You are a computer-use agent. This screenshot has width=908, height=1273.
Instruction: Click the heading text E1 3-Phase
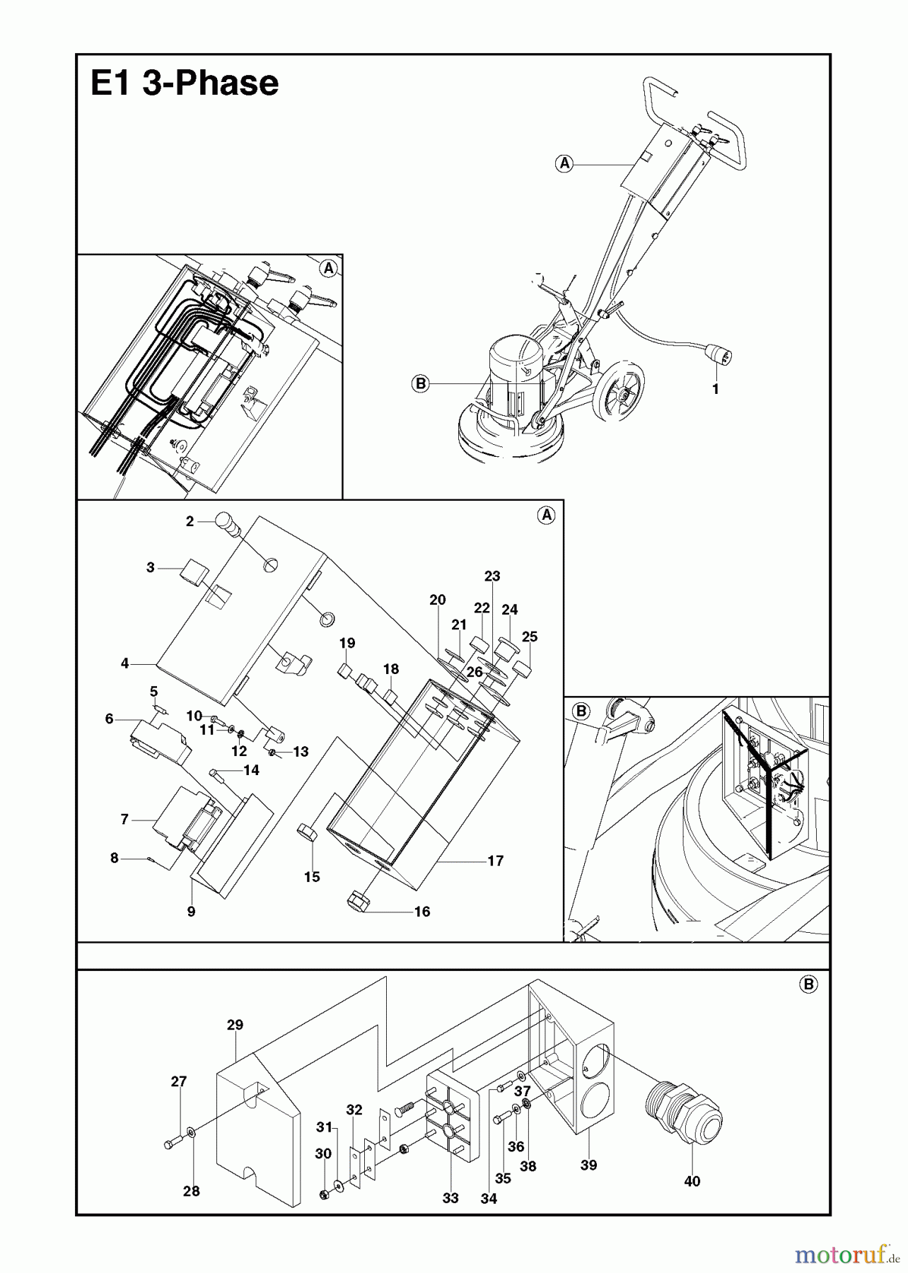pos(185,83)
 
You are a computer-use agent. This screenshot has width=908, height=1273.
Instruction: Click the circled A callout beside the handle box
pos(564,164)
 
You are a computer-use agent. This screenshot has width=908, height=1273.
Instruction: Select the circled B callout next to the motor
pos(420,384)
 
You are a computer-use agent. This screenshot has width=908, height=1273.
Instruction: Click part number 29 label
pos(235,1025)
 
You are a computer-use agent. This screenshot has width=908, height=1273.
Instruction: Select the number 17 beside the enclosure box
pos(495,861)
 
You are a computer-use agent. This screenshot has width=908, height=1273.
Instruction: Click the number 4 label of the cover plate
pos(125,663)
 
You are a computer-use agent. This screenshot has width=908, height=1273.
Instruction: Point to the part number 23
pos(492,576)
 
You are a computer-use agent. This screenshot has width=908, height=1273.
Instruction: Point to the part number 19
pos(347,644)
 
